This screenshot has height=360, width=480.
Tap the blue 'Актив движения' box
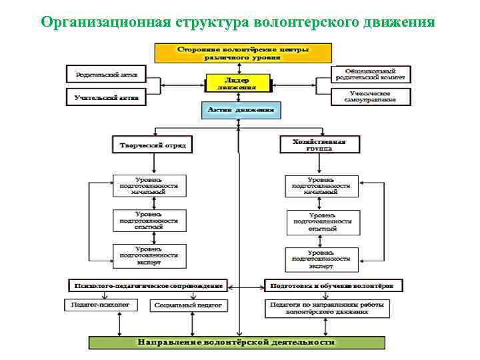pyautogui.click(x=241, y=109)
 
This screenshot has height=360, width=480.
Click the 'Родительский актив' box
pyautogui.click(x=106, y=73)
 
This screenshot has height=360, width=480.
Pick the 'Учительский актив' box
pyautogui.click(x=106, y=97)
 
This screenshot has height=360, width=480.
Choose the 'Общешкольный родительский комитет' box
pyautogui.click(x=371, y=73)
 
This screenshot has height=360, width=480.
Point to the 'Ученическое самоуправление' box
pyautogui.click(x=371, y=96)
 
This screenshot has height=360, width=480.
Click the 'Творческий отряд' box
pyautogui.click(x=153, y=145)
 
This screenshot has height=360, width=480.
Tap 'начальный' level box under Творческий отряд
pyautogui.click(x=149, y=186)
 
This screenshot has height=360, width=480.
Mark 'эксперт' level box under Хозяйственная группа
pyautogui.click(x=323, y=259)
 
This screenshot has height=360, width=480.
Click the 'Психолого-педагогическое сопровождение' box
pyautogui.click(x=148, y=285)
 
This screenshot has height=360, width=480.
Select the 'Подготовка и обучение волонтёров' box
pyautogui.click(x=333, y=285)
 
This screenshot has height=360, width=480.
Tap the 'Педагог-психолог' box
pyautogui.click(x=100, y=305)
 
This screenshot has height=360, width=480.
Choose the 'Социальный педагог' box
pyautogui.click(x=190, y=305)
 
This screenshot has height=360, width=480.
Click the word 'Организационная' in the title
pyautogui.click(x=105, y=22)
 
